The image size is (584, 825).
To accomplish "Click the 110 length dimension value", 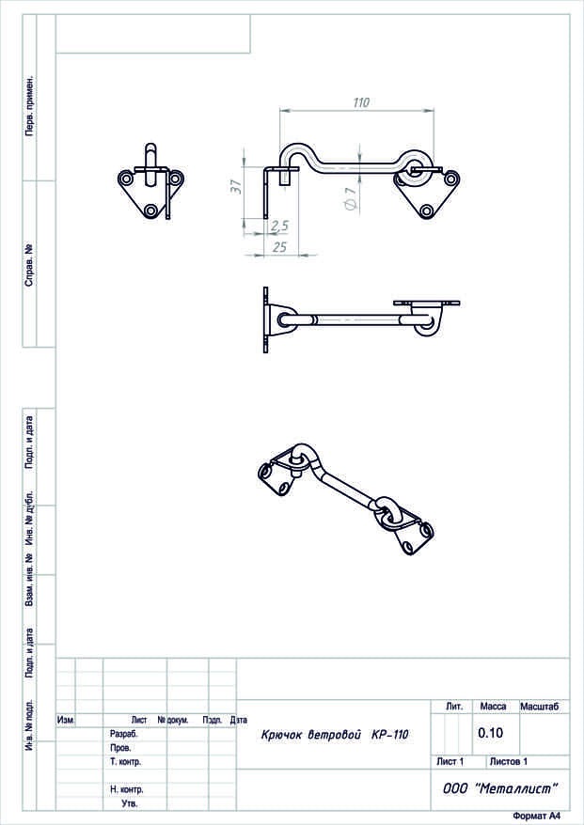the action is (361, 102).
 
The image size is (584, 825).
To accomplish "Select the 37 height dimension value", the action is (236, 187).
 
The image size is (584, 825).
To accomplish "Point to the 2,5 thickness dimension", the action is (279, 226).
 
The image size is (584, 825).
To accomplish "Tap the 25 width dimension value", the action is (279, 246).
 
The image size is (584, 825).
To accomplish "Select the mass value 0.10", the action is (490, 732).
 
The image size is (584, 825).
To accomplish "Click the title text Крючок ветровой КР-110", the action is (335, 735).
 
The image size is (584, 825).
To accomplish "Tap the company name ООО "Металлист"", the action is (499, 788).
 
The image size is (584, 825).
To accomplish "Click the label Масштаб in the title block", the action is (539, 707).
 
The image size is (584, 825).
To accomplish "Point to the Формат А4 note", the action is (537, 816).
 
